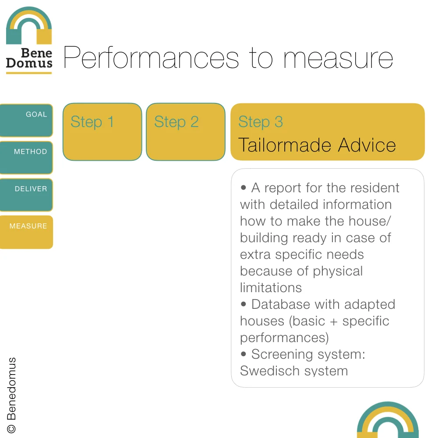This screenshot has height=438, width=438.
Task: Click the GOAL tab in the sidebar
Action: pos(26,120)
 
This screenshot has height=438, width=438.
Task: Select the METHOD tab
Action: pos(26,157)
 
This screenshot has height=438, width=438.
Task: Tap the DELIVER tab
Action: pos(26,194)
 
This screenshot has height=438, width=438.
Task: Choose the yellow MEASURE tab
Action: pos(26,232)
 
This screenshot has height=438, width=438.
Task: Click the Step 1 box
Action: pos(102,131)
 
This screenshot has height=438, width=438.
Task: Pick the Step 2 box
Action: pos(185,131)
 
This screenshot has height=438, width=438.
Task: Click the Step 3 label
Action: pos(260,122)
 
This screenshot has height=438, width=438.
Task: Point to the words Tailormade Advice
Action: pos(317,145)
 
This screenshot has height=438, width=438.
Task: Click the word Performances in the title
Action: pos(151,58)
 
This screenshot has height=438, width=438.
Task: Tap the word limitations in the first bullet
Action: pos(271,288)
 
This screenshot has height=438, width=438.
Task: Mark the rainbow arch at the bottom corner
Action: pos(388,420)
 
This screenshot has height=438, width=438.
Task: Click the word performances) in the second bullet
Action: pos(284,338)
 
